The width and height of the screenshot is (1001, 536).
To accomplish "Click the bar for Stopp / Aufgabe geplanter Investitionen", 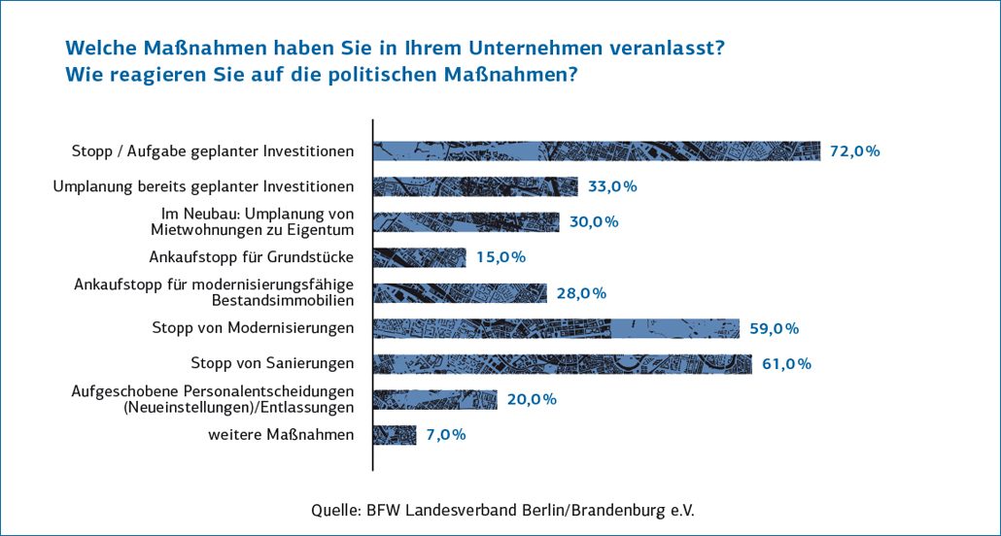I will coord(597,151).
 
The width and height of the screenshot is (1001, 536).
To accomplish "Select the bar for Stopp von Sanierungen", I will coord(563,364).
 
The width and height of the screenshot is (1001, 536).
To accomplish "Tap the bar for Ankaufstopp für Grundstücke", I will coord(420,257).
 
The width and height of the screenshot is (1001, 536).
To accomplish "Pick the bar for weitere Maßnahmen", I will coord(396,435).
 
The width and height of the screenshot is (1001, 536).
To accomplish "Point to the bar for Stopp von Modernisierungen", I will coord(557,328).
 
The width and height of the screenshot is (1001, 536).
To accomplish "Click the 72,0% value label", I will coord(854,151).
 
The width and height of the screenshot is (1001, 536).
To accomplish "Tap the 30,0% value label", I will coord(594,221).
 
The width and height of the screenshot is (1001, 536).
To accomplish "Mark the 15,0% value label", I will coord(500,257).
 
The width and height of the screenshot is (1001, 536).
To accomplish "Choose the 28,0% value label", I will coord(581,293).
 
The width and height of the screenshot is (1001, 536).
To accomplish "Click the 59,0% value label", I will coord(774,328).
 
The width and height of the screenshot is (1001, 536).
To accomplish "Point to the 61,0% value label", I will coord(786,364).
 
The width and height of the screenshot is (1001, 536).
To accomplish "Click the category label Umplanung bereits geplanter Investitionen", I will coord(203,186).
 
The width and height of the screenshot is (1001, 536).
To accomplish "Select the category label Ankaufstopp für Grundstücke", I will coord(251,257).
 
